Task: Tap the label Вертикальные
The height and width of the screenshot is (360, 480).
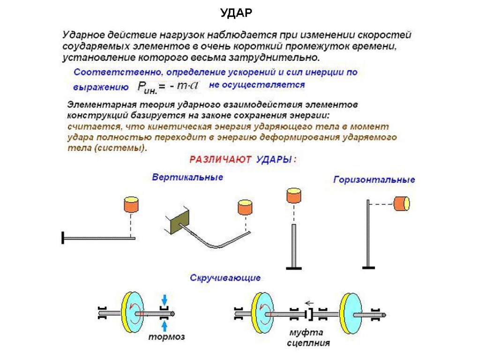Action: pos(187,177)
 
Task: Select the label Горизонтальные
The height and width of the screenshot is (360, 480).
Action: pos(374,180)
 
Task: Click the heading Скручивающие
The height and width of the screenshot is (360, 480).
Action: pos(225,278)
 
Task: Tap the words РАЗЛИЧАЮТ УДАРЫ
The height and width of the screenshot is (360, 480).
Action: pos(243,159)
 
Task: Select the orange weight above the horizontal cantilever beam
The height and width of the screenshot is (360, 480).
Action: pos(131,205)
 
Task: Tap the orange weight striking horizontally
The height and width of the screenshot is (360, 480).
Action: pos(402,203)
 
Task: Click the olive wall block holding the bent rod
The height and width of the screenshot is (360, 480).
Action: pos(179,219)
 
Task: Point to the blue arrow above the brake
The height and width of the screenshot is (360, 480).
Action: pos(164,299)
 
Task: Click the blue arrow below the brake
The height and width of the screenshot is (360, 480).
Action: pos(164,324)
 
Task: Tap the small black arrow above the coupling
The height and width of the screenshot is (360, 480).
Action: pos(308,302)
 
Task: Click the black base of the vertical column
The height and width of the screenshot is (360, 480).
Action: pos(294,268)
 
